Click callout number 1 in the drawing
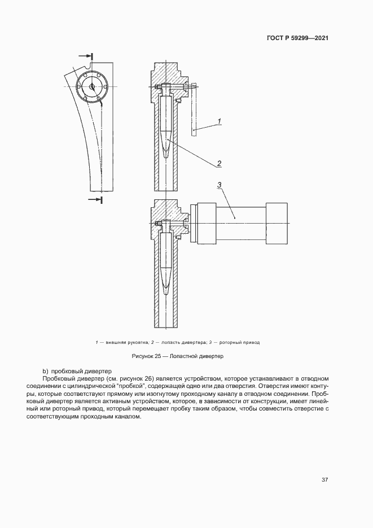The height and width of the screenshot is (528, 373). tap(219, 120)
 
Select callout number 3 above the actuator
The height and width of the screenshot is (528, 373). tap(219, 184)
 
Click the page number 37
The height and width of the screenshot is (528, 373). tap(324, 480)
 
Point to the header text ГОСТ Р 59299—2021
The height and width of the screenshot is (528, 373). tap(297, 38)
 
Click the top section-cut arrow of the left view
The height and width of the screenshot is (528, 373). tap(85, 56)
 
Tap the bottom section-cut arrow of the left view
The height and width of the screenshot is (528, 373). tap(96, 199)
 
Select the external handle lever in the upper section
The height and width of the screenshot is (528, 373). tap(194, 110)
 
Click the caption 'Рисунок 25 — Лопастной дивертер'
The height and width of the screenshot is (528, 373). tap(178, 357)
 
